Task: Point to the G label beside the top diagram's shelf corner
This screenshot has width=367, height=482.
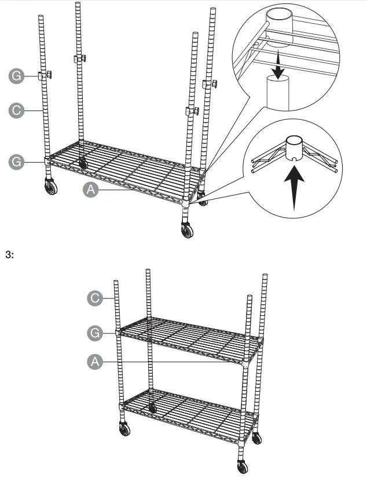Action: [17, 163]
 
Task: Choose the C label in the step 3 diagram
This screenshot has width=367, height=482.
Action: [94, 298]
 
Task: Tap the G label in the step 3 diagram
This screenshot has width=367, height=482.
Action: [94, 332]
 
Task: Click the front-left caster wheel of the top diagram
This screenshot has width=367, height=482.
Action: [52, 187]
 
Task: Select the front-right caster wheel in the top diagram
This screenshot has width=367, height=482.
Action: [187, 230]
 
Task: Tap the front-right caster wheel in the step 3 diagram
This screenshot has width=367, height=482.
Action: [242, 466]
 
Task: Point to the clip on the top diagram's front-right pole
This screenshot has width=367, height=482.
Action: [191, 111]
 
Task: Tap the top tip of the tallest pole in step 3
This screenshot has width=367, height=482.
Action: [148, 271]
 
